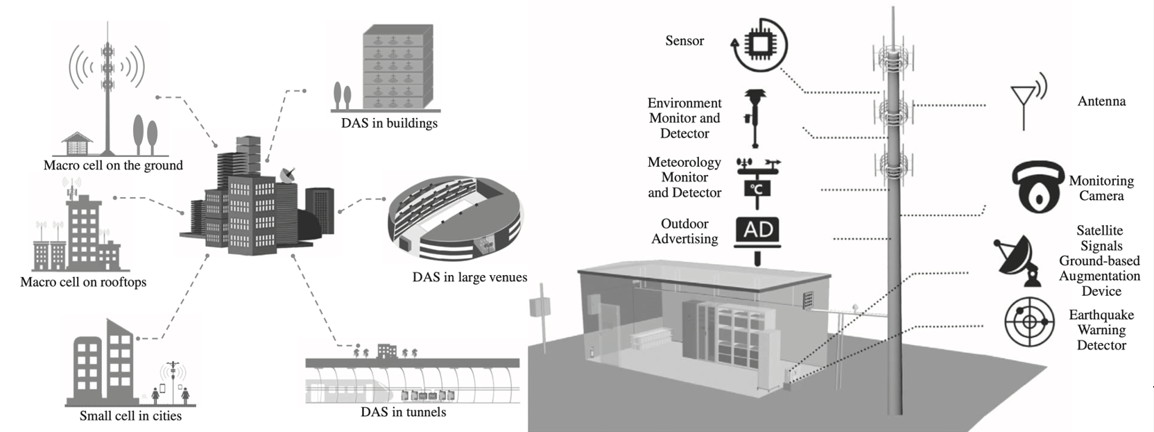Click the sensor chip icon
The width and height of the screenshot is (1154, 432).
coord(759,45)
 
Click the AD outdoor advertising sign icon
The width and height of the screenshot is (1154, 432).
coord(757,235)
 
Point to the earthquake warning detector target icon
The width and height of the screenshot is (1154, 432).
coord(1028,322)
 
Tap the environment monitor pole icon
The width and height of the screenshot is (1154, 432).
coord(755,119)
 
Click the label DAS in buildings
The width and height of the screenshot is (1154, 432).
coord(389,123)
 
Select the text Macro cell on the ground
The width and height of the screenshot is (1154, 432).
coord(113,165)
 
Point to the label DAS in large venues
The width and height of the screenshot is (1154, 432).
coord(470,277)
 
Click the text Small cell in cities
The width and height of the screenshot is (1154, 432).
coord(130,415)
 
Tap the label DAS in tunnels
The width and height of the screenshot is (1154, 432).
coord(404,412)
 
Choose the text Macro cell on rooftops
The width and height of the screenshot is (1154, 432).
coord(83,282)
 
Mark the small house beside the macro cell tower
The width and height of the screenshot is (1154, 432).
coord(77,143)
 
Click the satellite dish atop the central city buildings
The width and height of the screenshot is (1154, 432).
coord(288,175)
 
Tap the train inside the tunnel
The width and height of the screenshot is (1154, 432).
coord(350,390)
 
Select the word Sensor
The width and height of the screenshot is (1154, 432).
coord(684,41)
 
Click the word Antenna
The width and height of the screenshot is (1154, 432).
coord(1101,101)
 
